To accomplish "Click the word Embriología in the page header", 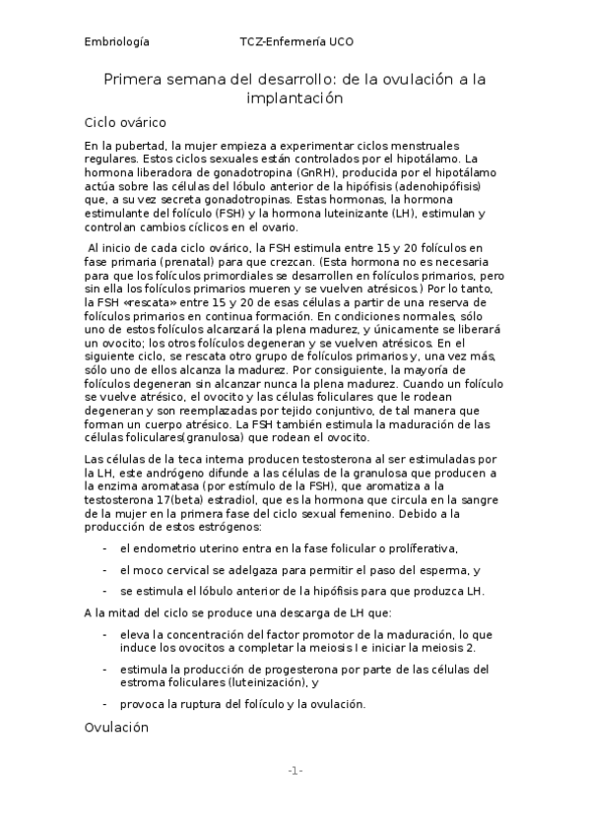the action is coord(117,42).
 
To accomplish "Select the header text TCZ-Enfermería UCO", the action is coord(295,42).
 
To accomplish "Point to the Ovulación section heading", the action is coord(116,728).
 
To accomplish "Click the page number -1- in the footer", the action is coord(295,770).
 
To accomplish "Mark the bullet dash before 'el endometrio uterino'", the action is coord(105,548).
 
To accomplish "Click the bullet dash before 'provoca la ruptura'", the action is coord(105,704).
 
